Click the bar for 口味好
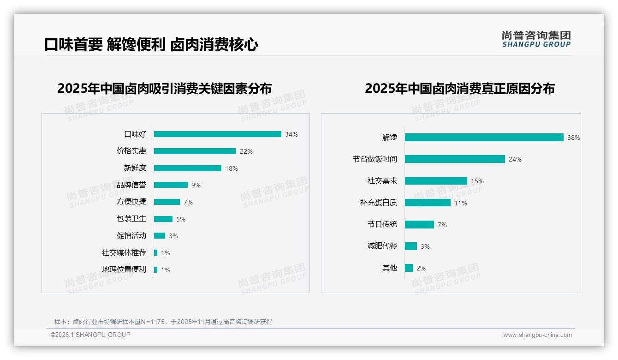tap(217, 134)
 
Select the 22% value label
tap(246, 151)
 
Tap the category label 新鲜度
tap(135, 168)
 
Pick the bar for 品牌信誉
tap(171, 185)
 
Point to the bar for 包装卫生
tap(163, 219)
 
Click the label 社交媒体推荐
tap(124, 253)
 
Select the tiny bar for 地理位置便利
tap(155, 270)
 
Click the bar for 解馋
tap(484, 138)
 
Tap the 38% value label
tap(573, 138)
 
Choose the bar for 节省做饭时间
tap(455, 159)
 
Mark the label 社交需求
tap(382, 181)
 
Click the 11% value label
tap(460, 203)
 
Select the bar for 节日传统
tap(419, 225)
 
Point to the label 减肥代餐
tap(382, 246)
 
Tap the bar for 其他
tap(409, 268)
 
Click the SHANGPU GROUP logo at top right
tap(536, 39)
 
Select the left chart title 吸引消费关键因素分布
tap(164, 89)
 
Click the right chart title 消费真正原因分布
tap(459, 89)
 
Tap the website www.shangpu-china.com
tap(537, 335)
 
